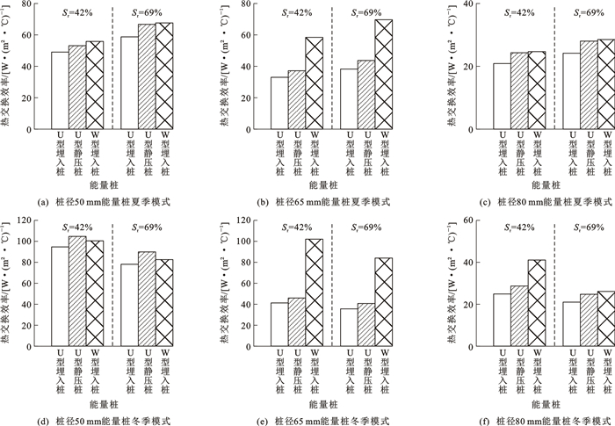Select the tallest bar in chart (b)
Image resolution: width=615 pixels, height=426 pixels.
383,75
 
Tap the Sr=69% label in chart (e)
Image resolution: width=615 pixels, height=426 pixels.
368,227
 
